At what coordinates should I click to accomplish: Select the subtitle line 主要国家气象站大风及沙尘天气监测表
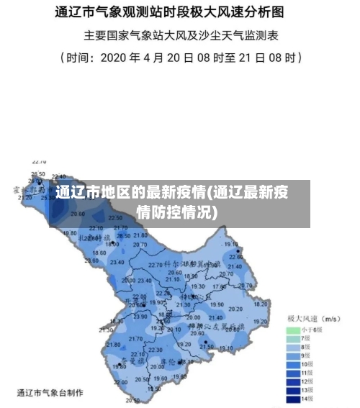click(x=179, y=35)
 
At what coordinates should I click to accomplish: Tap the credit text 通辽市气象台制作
click(x=50, y=393)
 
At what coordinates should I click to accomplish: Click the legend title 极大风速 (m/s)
click(x=314, y=317)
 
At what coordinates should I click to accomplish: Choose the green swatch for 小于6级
click(x=293, y=330)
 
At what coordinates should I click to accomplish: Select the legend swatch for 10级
click(x=293, y=364)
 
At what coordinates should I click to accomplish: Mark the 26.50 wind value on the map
click(x=37, y=174)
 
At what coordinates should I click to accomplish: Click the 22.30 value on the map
click(x=163, y=294)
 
